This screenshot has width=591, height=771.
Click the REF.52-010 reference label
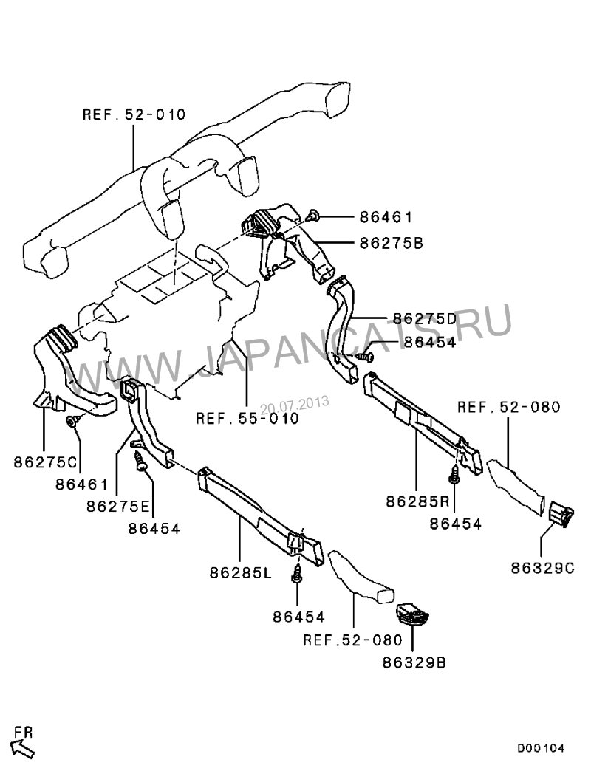tap(134, 114)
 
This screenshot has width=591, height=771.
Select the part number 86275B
tap(391, 243)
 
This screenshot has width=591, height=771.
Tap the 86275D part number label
tap(425, 318)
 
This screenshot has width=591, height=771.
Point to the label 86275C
tap(46, 462)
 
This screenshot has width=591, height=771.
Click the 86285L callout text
tap(241, 572)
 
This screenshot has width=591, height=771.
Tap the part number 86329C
tap(543, 568)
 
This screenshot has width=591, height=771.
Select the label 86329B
tap(414, 663)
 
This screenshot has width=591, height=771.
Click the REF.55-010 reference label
tap(247, 418)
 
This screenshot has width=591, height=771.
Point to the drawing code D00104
tap(540, 749)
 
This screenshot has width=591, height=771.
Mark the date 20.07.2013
tap(294, 405)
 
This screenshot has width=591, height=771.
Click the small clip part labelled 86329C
tap(561, 514)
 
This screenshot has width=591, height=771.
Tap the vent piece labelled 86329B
tap(412, 613)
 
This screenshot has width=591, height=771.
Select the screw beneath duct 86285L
tap(297, 573)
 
